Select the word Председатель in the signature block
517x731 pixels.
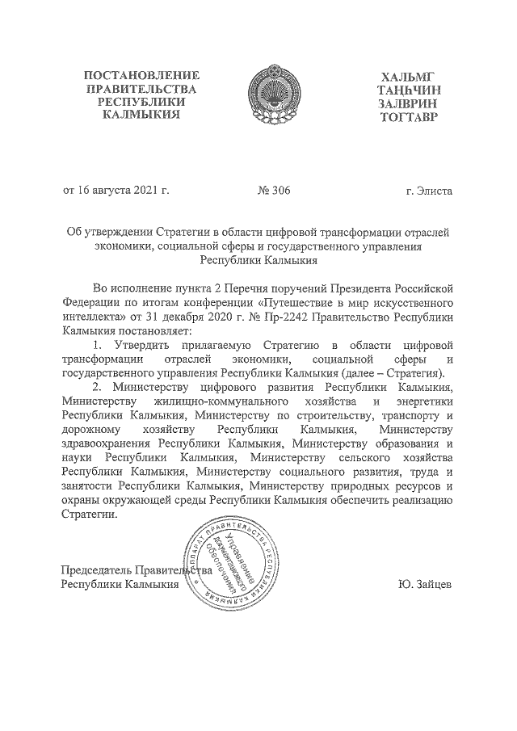[x=97, y=569]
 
